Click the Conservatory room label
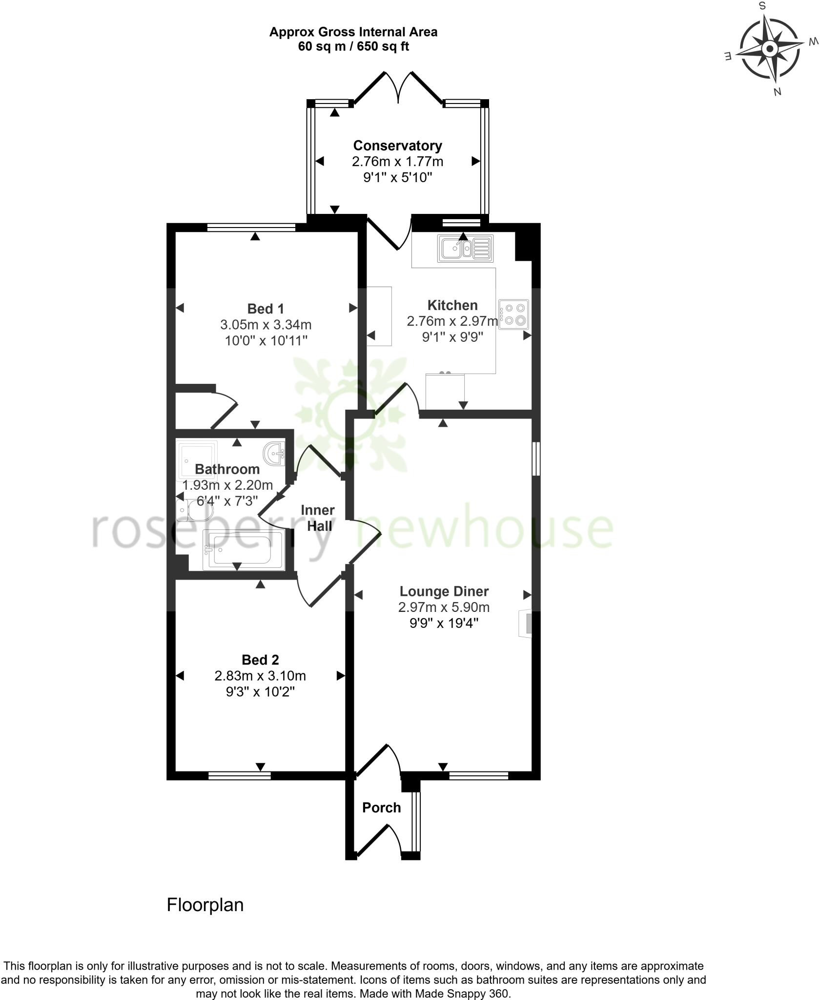point(397,146)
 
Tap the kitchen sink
point(465,249)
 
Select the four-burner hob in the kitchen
point(514,314)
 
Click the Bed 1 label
point(266,309)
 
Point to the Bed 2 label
point(260,660)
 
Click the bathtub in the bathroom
point(243,551)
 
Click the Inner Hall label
point(317,518)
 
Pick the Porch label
point(381,808)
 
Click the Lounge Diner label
point(444,591)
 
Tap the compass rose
point(770,49)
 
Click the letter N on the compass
point(778,91)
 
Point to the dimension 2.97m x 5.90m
point(444,607)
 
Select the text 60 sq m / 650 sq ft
point(353,47)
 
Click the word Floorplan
point(205,905)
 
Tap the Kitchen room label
point(452,305)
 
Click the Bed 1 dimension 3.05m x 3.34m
point(266,325)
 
